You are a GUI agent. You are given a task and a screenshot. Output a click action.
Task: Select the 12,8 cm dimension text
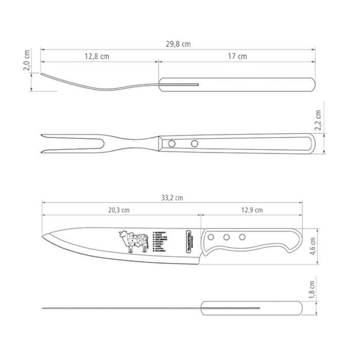coord(97,56)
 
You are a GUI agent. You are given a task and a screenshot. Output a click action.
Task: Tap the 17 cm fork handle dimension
coord(236,56)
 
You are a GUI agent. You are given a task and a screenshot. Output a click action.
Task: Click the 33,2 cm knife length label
coord(172,197)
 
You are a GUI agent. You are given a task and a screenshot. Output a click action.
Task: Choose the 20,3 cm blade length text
coord(119,210)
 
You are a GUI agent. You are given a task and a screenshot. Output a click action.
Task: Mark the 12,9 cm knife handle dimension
coord(252,210)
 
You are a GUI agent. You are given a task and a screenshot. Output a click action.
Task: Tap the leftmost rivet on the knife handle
coord(210,238)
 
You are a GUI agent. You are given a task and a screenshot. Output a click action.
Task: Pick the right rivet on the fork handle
coord(194,143)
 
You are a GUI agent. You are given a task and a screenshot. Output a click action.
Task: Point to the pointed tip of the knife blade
coord(43,237)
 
